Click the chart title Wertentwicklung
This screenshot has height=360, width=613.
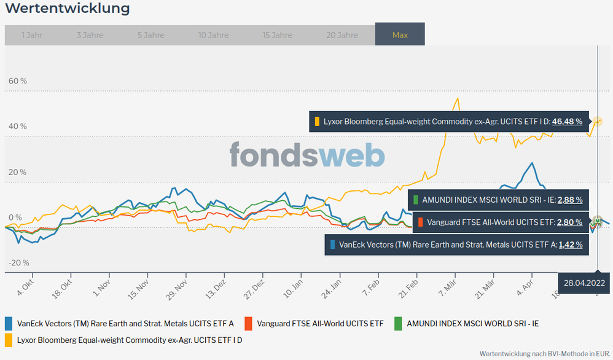point(67,9)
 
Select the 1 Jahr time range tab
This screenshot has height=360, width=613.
point(31,35)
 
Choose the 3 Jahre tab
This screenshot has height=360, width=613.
point(90,35)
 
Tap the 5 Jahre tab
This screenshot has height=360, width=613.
point(150,35)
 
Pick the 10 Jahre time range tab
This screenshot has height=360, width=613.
point(213,35)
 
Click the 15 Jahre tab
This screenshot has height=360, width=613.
point(278,35)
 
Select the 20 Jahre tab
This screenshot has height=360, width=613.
point(342,35)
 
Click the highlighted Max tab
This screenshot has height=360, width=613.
point(400,35)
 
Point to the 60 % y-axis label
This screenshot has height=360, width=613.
point(17,81)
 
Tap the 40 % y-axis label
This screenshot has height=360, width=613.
point(17,127)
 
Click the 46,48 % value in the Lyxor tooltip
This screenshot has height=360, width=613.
point(567,122)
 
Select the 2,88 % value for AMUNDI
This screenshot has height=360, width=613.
point(569,200)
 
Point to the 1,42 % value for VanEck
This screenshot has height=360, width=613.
point(569,245)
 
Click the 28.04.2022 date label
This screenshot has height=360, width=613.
point(585,283)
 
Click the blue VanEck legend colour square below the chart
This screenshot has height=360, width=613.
point(9,323)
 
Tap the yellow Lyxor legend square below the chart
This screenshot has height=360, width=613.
point(9,338)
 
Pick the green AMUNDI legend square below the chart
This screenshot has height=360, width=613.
point(397,323)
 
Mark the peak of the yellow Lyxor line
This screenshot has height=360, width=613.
point(456,98)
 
